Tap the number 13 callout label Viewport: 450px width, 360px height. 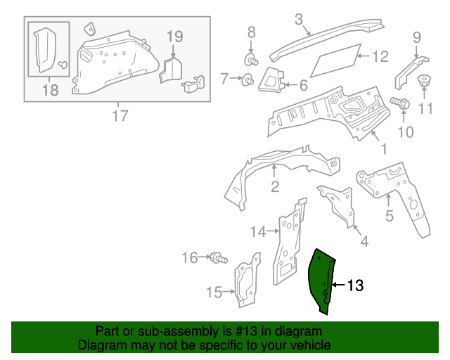pyautogui.click(x=356, y=285)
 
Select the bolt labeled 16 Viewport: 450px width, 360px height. pyautogui.click(x=219, y=259)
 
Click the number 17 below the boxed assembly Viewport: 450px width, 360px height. pyautogui.click(x=120, y=116)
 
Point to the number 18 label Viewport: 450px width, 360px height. pyautogui.click(x=50, y=89)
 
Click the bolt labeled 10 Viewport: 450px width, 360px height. pyautogui.click(x=400, y=103)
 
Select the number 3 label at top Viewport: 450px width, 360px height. pyautogui.click(x=298, y=19)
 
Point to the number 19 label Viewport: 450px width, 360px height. pyautogui.click(x=174, y=37)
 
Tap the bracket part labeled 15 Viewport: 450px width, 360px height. pyautogui.click(x=245, y=285)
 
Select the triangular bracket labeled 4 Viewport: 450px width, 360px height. pyautogui.click(x=338, y=203)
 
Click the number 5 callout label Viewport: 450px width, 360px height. pyautogui.click(x=390, y=217)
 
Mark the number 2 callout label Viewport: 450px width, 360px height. pyautogui.click(x=275, y=186)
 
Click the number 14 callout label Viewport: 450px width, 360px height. pyautogui.click(x=258, y=231)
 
